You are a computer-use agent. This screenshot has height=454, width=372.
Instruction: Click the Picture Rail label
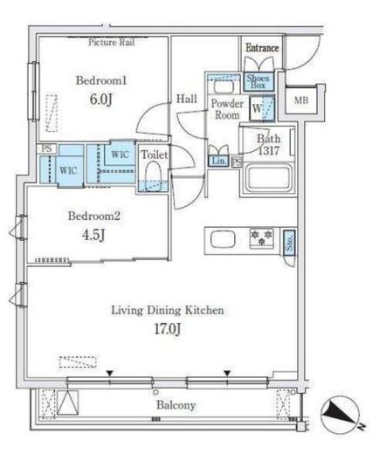pyautogui.click(x=111, y=42)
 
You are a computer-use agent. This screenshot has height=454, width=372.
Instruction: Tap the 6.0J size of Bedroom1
pyautogui.click(x=100, y=100)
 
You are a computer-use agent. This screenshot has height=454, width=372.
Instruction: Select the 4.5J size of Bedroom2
pyautogui.click(x=93, y=235)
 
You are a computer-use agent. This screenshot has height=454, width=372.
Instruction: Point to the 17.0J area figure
pyautogui.click(x=168, y=329)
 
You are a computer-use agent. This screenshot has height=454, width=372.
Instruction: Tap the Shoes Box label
pyautogui.click(x=258, y=81)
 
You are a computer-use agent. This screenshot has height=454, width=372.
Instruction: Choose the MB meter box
pyautogui.click(x=301, y=100)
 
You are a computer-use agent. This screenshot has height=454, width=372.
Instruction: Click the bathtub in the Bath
pyautogui.click(x=268, y=178)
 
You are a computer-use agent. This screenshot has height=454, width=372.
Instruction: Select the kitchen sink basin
pyautogui.click(x=223, y=239)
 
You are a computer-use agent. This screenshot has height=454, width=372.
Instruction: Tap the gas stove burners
pyautogui.click(x=262, y=238)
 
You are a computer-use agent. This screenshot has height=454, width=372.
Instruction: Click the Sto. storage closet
pyautogui.click(x=289, y=243)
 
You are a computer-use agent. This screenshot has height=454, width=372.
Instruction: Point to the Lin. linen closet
pyautogui.click(x=218, y=161)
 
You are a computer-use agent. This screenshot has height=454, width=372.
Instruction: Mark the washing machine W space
pyautogui.click(x=262, y=108)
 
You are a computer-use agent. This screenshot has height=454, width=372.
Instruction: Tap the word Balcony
pyautogui.click(x=176, y=405)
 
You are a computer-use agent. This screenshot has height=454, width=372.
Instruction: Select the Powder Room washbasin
pyautogui.click(x=224, y=86)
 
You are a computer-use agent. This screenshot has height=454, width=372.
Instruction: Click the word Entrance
pyautogui.click(x=262, y=47)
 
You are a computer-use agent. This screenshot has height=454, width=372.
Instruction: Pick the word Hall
pyautogui.click(x=187, y=99)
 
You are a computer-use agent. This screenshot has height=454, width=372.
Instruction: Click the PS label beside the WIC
pyautogui.click(x=46, y=148)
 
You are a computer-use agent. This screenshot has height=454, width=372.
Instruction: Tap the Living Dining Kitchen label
pyautogui.click(x=168, y=310)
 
